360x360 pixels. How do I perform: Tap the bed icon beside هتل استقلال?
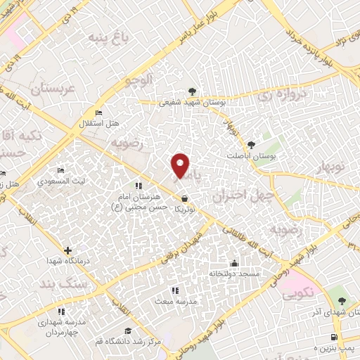(99, 112)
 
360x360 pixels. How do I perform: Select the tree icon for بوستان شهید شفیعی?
(191, 91)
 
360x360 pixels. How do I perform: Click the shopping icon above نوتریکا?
(184, 199)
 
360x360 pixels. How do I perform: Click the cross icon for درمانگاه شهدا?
(67, 250)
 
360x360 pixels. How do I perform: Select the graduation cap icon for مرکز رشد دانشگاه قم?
(128, 331)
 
